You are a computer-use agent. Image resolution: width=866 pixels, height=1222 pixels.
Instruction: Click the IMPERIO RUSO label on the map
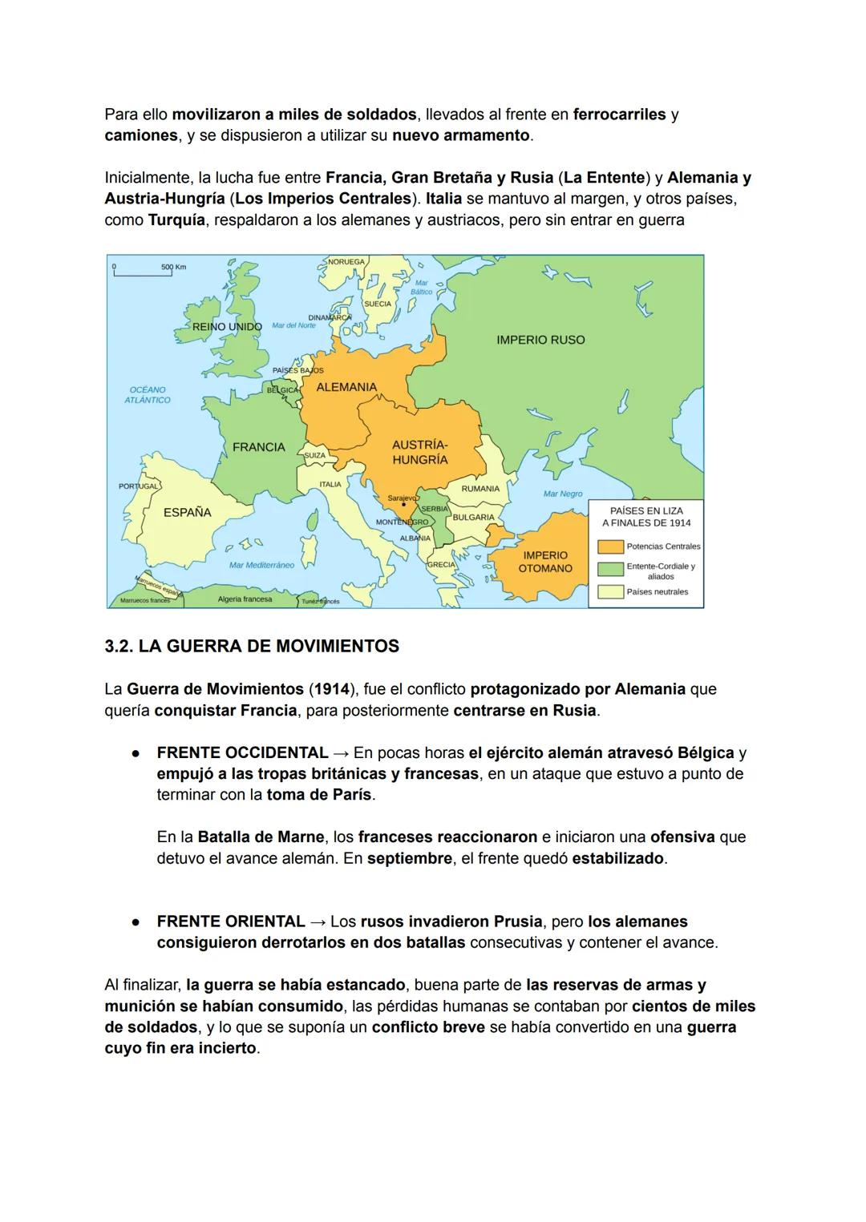click(x=540, y=340)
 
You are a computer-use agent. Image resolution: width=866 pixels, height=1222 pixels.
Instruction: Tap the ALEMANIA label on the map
click(x=346, y=387)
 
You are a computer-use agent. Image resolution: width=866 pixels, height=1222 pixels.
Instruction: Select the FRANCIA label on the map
click(x=258, y=447)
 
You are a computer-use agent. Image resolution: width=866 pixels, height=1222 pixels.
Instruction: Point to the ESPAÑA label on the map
click(x=187, y=512)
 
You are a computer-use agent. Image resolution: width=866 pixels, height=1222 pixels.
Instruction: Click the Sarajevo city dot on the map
click(x=403, y=505)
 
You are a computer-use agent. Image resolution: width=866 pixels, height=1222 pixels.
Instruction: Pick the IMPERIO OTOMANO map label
click(x=545, y=562)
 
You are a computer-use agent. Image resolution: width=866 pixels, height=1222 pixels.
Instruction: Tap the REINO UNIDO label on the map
click(x=227, y=327)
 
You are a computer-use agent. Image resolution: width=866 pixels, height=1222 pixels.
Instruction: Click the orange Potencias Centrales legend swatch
click(x=611, y=546)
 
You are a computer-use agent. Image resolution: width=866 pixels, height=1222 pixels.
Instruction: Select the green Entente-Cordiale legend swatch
click(x=611, y=569)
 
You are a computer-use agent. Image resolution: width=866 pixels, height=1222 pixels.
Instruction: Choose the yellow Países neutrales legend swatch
click(x=611, y=592)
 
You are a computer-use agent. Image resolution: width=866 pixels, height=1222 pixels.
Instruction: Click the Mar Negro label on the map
click(x=563, y=494)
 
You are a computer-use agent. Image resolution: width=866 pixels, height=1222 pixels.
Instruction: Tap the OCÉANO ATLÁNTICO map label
click(x=148, y=394)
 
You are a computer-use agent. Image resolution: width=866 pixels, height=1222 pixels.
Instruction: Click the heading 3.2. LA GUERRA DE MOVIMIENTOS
click(x=252, y=646)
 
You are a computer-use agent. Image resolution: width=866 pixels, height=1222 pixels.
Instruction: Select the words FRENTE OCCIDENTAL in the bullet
click(x=242, y=753)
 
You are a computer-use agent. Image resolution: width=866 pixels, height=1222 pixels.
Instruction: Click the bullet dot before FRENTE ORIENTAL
click(x=137, y=922)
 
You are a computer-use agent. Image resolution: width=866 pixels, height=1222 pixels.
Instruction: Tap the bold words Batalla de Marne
click(x=261, y=837)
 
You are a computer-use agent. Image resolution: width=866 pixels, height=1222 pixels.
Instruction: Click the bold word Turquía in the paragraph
click(x=176, y=220)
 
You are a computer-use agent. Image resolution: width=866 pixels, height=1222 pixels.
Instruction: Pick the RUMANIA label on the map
click(x=480, y=489)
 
